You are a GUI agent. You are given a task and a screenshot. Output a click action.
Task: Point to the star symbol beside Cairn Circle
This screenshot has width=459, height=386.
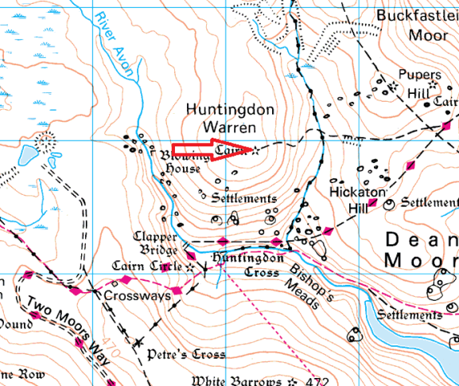pyautogui.click(x=189, y=267)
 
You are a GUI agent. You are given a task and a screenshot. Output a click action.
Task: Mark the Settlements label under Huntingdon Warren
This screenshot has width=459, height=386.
pyautogui.click(x=246, y=198)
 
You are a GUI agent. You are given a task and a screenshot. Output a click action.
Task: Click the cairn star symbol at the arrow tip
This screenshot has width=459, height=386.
pyautogui.click(x=255, y=150)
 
